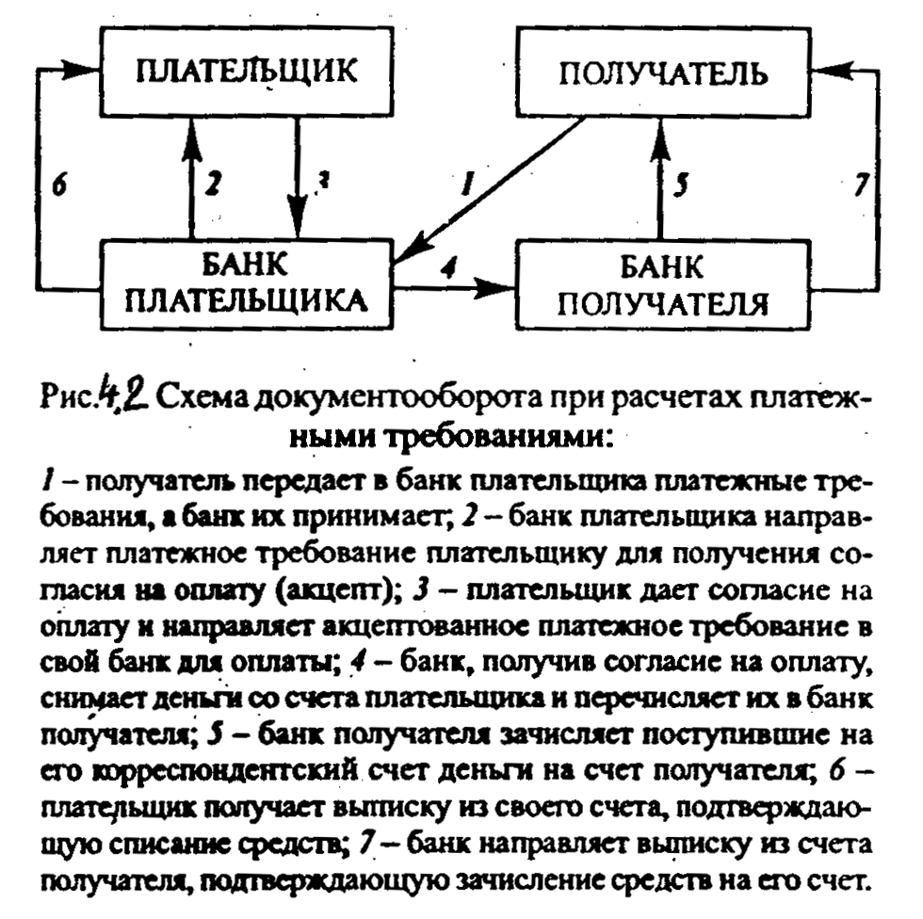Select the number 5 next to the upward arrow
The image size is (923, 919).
[682, 185]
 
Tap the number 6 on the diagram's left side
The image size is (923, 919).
[58, 185]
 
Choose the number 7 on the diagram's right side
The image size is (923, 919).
[860, 185]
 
